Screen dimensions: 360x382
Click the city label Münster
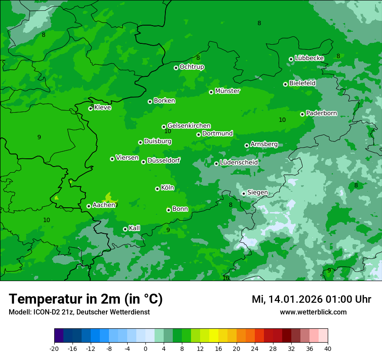(x=227, y=91)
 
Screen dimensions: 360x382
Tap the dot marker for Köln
(x=157, y=189)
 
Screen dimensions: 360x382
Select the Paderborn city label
(x=321, y=113)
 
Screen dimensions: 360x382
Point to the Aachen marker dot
(x=89, y=206)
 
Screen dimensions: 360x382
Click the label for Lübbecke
(x=309, y=58)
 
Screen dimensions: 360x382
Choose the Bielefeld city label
(x=302, y=83)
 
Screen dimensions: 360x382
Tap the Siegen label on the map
(x=257, y=193)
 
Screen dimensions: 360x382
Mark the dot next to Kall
(x=125, y=229)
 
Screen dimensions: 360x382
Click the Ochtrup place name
(x=191, y=67)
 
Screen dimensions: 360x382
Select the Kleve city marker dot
(x=90, y=108)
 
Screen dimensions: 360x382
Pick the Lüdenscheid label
(x=239, y=163)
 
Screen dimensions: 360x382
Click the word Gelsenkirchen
(x=189, y=126)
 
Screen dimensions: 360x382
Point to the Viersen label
(x=127, y=158)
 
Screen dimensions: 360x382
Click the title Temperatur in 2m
(x=86, y=299)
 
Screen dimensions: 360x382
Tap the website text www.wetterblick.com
(x=313, y=312)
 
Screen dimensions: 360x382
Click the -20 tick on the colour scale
(x=54, y=348)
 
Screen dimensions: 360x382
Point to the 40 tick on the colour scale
(x=327, y=348)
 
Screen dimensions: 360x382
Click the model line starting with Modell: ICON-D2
(x=79, y=312)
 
